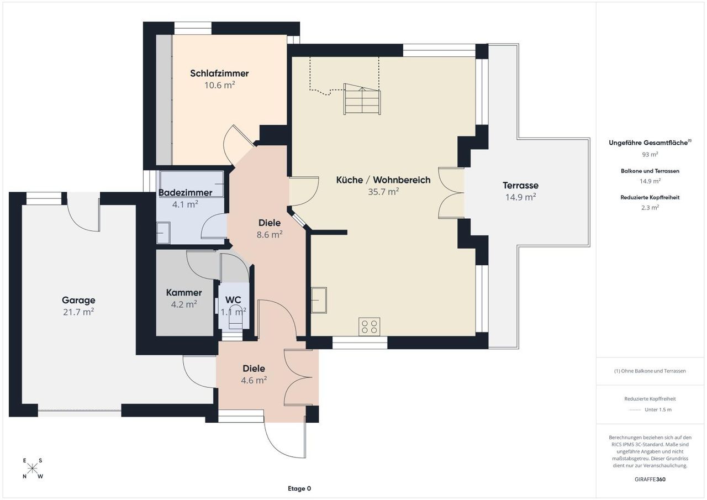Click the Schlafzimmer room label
pyautogui.click(x=219, y=73)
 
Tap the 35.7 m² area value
pyautogui.click(x=383, y=192)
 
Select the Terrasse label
pyautogui.click(x=520, y=185)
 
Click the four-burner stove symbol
pyautogui.click(x=370, y=327)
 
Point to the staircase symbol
pyautogui.click(x=362, y=99)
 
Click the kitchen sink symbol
pyautogui.click(x=319, y=300)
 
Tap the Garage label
pyautogui.click(x=78, y=300)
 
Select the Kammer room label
pyautogui.click(x=184, y=293)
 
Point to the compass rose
pyautogui.click(x=33, y=469)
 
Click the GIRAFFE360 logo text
pyautogui.click(x=650, y=480)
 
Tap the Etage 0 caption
pyautogui.click(x=299, y=488)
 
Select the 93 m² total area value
pyautogui.click(x=650, y=154)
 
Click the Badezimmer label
pyautogui.click(x=185, y=193)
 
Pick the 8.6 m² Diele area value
pyautogui.click(x=270, y=235)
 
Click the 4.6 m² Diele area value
pyautogui.click(x=254, y=380)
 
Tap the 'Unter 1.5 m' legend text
pyautogui.click(x=658, y=410)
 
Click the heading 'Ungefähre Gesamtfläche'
pyautogui.click(x=648, y=143)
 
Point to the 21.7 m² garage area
pyautogui.click(x=78, y=312)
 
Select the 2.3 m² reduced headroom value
pyautogui.click(x=650, y=208)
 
